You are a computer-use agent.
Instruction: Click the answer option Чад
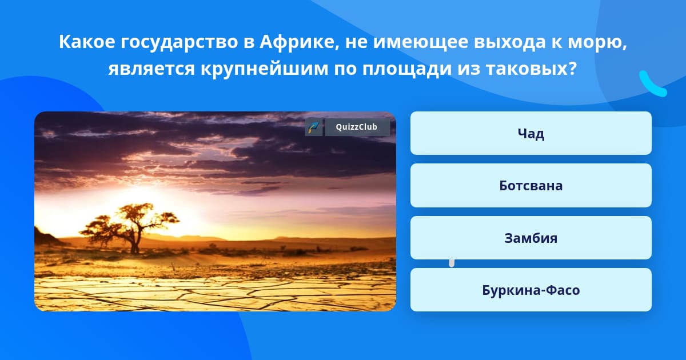531,133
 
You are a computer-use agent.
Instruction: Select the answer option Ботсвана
531,186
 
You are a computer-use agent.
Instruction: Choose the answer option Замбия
531,238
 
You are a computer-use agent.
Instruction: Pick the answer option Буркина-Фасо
531,290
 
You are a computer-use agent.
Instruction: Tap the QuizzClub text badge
357,127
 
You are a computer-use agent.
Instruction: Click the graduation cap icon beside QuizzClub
314,127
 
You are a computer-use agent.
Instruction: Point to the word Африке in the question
300,42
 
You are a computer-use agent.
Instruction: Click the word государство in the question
179,42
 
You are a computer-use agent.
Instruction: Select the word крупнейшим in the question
264,69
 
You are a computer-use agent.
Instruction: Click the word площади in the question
407,69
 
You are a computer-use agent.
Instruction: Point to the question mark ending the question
572,68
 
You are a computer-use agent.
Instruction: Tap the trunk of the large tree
135,242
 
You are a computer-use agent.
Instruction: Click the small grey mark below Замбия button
452,263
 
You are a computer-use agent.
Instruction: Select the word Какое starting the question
87,42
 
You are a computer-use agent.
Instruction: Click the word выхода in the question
509,42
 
